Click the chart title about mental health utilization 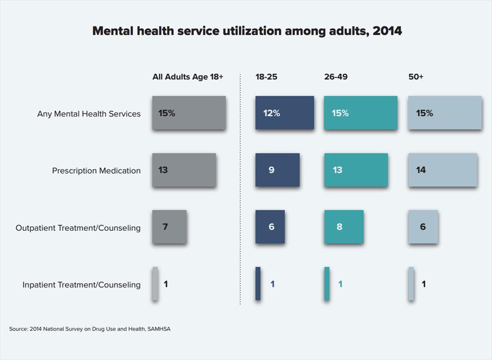tap(247, 31)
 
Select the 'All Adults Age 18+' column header tap(188, 77)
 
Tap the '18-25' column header tap(266, 77)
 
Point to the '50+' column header tap(416, 77)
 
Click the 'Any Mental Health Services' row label tap(89, 114)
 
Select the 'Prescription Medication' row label tap(96, 170)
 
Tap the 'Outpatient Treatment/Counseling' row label tap(78, 228)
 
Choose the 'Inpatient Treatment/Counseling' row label tap(81, 285)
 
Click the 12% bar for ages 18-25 tap(284, 113)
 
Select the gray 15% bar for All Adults tap(189, 113)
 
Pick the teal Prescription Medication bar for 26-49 tap(356, 170)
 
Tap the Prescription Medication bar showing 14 tap(443, 170)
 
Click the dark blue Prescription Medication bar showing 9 tap(277, 170)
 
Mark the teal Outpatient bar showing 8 tap(344, 227)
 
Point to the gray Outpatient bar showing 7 tap(169, 227)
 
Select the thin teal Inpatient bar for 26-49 tap(327, 284)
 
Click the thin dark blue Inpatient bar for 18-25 tap(258, 284)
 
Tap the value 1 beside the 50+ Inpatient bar tap(423, 284)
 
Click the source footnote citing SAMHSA tap(90, 329)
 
